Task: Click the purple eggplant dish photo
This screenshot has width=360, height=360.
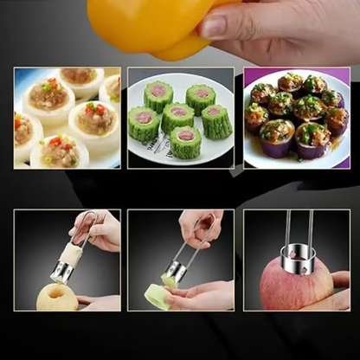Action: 295,117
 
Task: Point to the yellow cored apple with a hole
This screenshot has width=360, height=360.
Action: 57,296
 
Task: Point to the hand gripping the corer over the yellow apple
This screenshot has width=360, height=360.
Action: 96,234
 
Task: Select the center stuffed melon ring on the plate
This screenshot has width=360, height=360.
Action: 179,116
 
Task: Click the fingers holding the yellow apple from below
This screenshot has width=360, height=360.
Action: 100,302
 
